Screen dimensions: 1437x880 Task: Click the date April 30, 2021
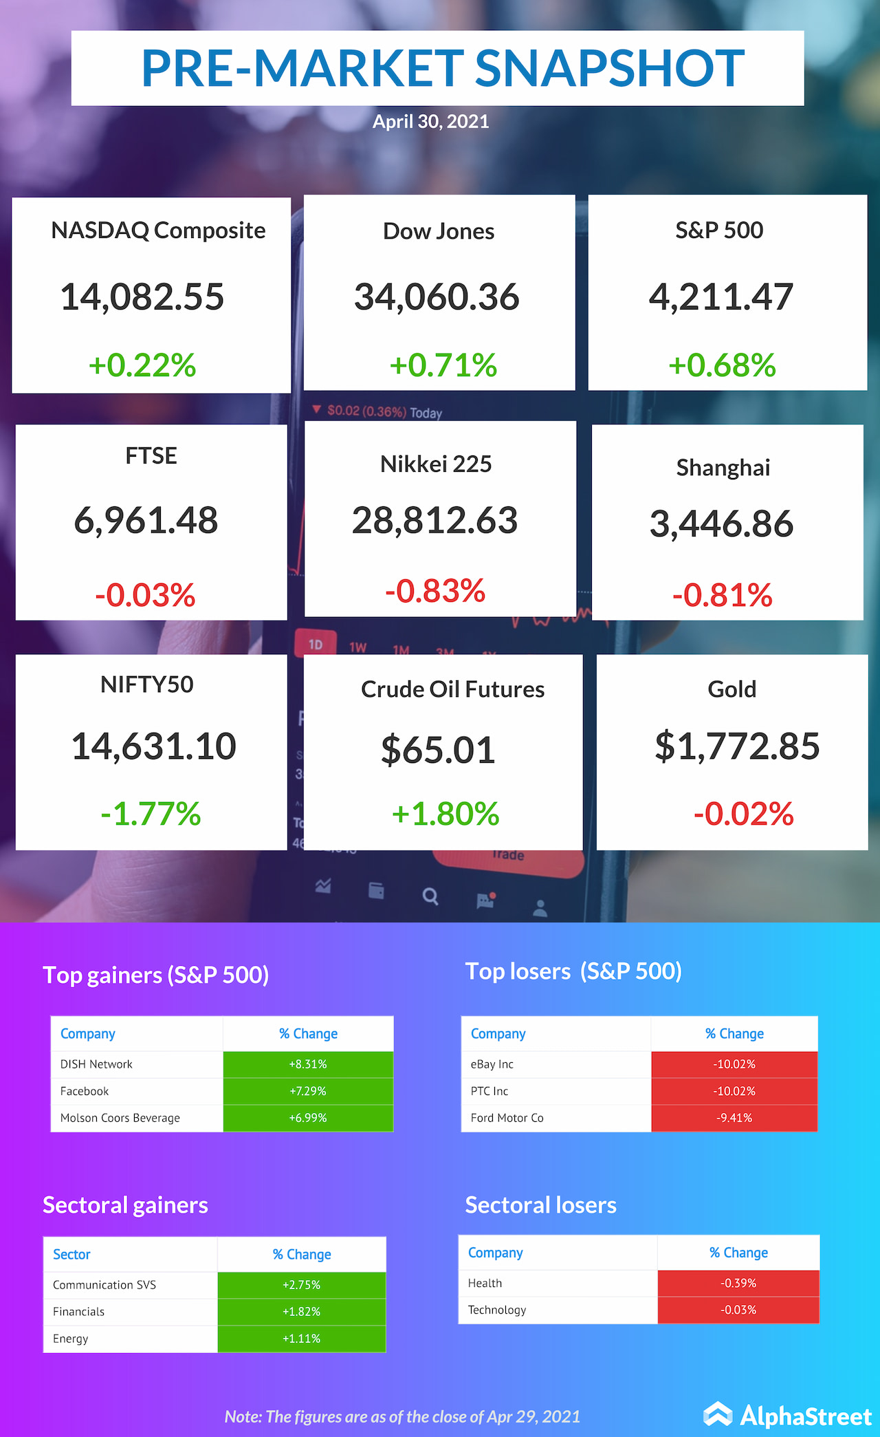click(x=430, y=122)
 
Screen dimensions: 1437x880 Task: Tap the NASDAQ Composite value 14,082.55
click(x=142, y=297)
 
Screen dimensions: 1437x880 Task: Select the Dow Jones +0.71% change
click(x=443, y=365)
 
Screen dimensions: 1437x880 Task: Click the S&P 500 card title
click(x=719, y=230)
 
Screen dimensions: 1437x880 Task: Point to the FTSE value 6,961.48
click(x=146, y=521)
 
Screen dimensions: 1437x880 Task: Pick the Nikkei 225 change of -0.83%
click(x=435, y=591)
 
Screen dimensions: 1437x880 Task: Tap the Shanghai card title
click(x=723, y=468)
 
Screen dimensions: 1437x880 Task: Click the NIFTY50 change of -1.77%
click(x=151, y=814)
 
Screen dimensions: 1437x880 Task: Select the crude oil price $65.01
click(x=439, y=750)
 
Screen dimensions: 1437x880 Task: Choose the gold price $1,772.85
click(x=737, y=746)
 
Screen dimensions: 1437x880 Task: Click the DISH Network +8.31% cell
click(x=308, y=1064)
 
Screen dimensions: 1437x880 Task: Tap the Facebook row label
click(x=85, y=1091)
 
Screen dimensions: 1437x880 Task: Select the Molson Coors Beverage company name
click(x=120, y=1118)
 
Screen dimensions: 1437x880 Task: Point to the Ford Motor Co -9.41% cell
click(x=734, y=1118)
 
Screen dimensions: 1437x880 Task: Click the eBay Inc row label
click(x=492, y=1064)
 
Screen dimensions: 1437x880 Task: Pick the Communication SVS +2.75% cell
click(x=302, y=1285)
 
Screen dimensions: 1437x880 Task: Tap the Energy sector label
click(x=71, y=1339)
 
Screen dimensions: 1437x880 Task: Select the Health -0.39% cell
click(x=738, y=1283)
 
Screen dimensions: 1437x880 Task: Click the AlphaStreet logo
click(x=788, y=1416)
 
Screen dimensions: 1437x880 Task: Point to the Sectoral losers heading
click(x=541, y=1205)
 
